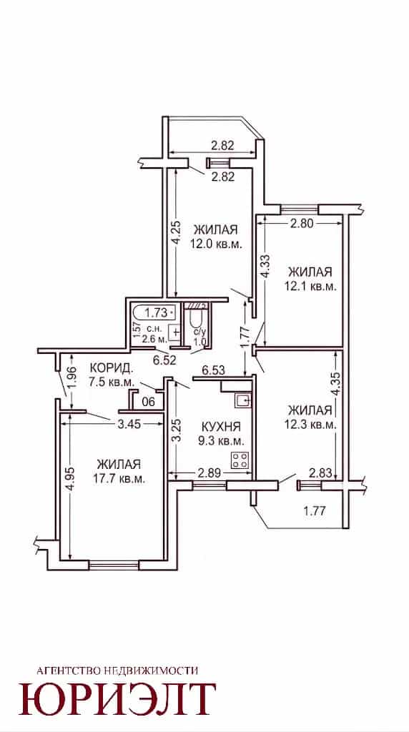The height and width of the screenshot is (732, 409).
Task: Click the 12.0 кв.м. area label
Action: click(x=217, y=244)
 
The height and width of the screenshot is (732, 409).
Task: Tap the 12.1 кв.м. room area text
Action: click(x=310, y=287)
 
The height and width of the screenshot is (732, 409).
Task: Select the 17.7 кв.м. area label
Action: click(x=119, y=479)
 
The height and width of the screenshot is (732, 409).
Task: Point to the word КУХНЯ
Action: click(x=221, y=426)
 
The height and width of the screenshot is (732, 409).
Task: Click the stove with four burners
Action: click(x=240, y=461)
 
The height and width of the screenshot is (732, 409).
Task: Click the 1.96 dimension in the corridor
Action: click(x=70, y=379)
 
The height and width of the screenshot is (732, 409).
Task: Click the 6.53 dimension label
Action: click(x=214, y=371)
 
